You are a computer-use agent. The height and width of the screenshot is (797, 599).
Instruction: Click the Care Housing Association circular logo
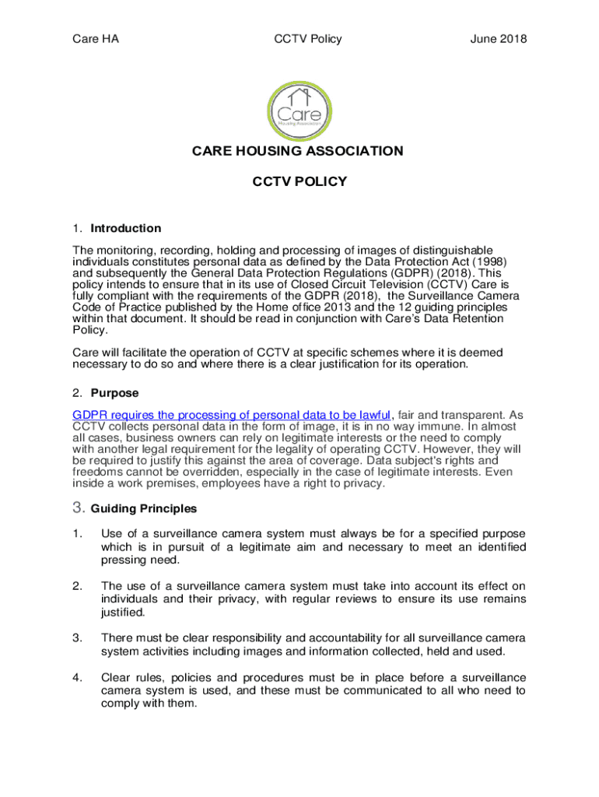[299, 108]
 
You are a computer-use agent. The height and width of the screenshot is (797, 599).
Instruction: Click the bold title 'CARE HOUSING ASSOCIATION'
[298, 151]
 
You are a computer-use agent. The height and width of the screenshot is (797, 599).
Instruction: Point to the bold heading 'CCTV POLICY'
[299, 182]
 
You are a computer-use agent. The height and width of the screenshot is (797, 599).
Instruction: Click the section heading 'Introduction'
[126, 228]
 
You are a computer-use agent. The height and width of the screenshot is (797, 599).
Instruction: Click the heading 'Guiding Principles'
[144, 509]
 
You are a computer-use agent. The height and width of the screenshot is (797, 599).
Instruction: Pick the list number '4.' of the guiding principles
[77, 677]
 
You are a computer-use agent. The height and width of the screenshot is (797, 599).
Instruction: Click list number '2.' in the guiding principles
[77, 585]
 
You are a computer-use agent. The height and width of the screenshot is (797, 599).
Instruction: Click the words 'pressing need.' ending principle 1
[137, 560]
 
